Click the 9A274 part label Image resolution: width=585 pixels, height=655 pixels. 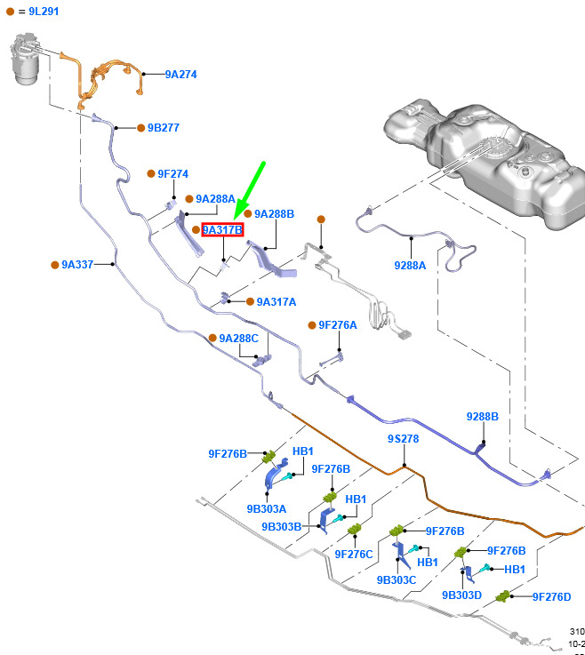(x=180, y=75)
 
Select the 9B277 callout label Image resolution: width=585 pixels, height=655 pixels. (x=163, y=128)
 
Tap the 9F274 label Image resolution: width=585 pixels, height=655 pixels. (x=172, y=174)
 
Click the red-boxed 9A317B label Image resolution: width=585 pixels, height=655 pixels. (x=222, y=230)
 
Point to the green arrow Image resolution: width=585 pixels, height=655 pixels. (x=250, y=190)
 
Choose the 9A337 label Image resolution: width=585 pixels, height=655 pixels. (x=76, y=265)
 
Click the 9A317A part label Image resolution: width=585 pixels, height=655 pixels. (x=276, y=302)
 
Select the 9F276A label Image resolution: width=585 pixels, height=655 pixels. (x=337, y=325)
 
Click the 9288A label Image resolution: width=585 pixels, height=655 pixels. (x=410, y=265)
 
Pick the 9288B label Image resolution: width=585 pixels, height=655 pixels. (x=483, y=417)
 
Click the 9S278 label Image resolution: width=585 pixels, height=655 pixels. (x=403, y=439)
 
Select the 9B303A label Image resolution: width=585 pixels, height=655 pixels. (x=267, y=509)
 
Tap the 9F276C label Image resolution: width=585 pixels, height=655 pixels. (x=354, y=554)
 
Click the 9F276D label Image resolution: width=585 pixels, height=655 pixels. (x=551, y=596)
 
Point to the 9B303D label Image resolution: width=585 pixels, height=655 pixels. (x=462, y=595)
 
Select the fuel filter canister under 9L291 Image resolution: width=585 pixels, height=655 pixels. (x=28, y=60)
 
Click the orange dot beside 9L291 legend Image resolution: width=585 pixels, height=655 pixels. (x=11, y=12)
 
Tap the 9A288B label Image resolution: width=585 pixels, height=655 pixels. (x=274, y=214)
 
